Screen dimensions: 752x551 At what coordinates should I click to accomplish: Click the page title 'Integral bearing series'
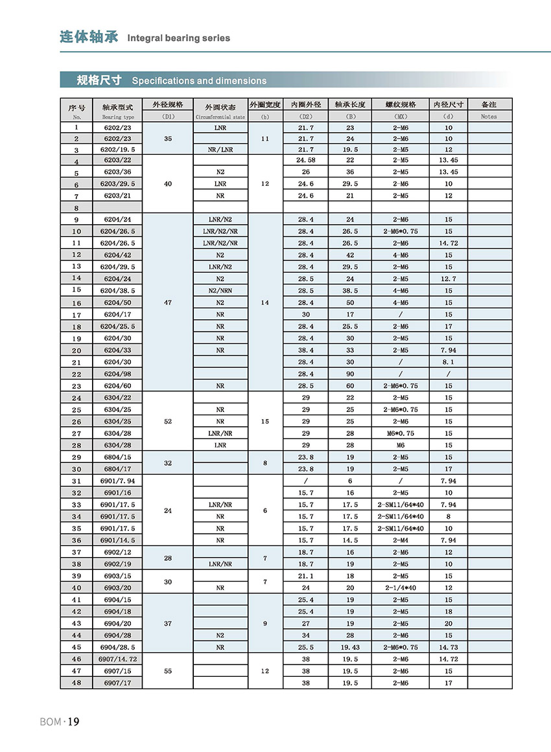click(178, 38)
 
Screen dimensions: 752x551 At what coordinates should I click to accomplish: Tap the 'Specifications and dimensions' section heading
click(199, 81)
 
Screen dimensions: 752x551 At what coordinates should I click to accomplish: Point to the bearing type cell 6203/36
click(118, 172)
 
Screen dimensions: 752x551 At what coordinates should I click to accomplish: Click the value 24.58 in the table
click(305, 160)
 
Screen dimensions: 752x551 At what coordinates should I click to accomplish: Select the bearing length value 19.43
click(350, 647)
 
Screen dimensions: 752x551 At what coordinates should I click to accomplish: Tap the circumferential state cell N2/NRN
click(220, 291)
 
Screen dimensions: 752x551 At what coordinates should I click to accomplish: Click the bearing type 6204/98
click(118, 374)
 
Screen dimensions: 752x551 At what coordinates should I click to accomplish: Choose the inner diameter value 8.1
click(449, 362)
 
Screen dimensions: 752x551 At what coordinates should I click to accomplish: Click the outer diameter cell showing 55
click(168, 671)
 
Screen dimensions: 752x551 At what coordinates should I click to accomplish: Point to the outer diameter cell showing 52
click(168, 421)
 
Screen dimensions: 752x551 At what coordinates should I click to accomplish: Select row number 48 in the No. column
click(77, 683)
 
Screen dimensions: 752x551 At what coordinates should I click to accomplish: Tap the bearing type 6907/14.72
click(118, 659)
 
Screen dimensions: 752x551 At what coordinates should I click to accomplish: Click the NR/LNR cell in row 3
click(220, 149)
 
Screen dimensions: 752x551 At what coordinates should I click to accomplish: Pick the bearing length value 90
click(350, 374)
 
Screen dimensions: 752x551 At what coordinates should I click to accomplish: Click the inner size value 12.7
click(449, 279)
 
